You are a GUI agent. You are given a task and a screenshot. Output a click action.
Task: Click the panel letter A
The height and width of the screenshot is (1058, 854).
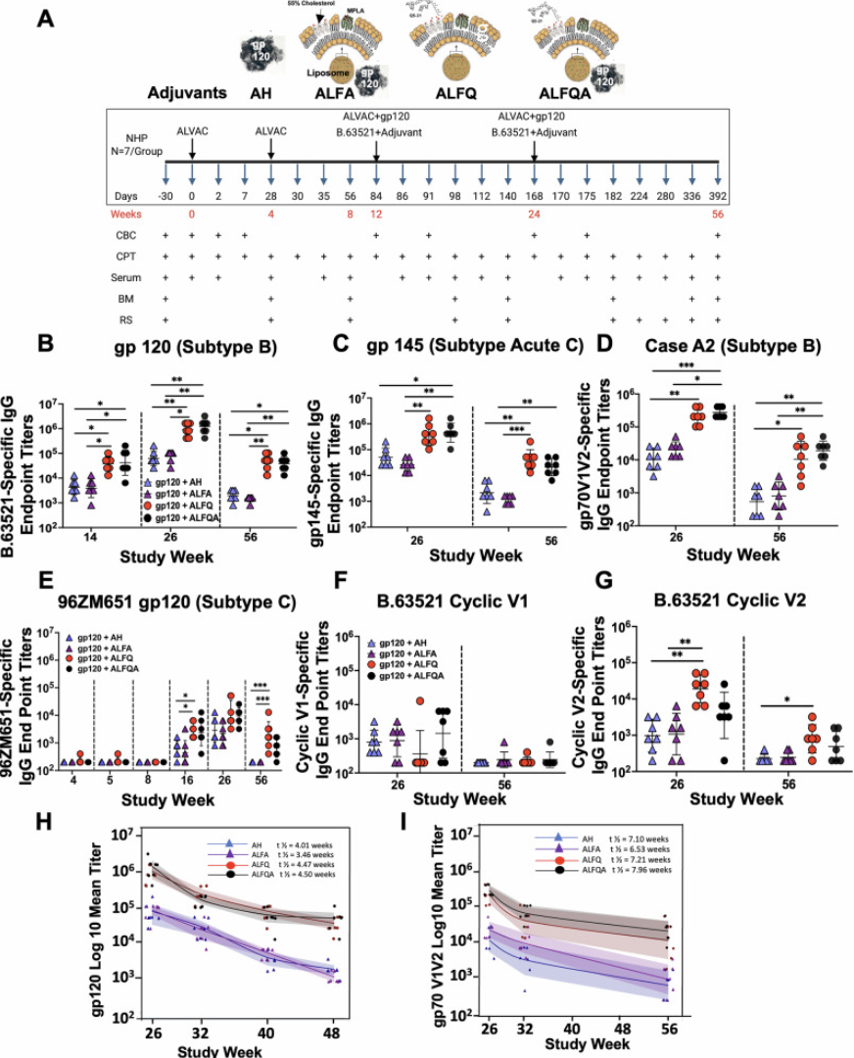pyautogui.click(x=45, y=19)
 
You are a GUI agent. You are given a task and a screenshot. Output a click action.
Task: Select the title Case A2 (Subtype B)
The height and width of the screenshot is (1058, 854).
pyautogui.click(x=719, y=346)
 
